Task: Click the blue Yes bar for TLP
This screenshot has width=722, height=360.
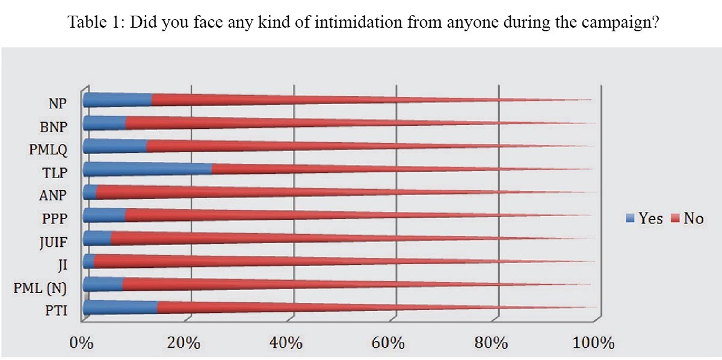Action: click(x=147, y=169)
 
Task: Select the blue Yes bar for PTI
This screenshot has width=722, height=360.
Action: click(x=120, y=307)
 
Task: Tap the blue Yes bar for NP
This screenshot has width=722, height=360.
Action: click(x=117, y=101)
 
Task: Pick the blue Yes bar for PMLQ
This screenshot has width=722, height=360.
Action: click(x=114, y=146)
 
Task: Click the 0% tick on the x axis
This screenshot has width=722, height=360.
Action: click(x=82, y=344)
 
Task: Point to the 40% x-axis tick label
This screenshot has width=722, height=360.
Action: click(x=286, y=344)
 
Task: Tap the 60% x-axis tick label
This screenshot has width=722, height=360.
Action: click(x=389, y=344)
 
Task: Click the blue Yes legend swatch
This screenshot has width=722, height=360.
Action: click(x=631, y=219)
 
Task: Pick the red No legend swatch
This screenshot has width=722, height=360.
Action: click(x=674, y=219)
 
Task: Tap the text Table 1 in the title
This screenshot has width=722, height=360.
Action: click(x=94, y=23)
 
